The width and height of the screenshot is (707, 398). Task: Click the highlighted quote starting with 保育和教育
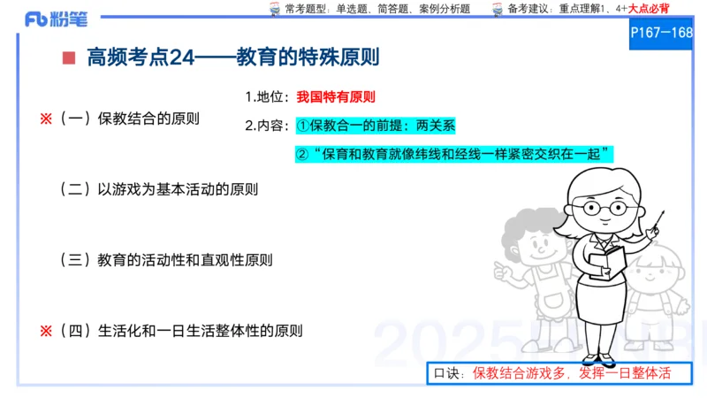(454, 154)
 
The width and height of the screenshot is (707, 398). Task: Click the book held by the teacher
(607, 260)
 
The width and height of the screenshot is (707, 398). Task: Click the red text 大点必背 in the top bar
(649, 9)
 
